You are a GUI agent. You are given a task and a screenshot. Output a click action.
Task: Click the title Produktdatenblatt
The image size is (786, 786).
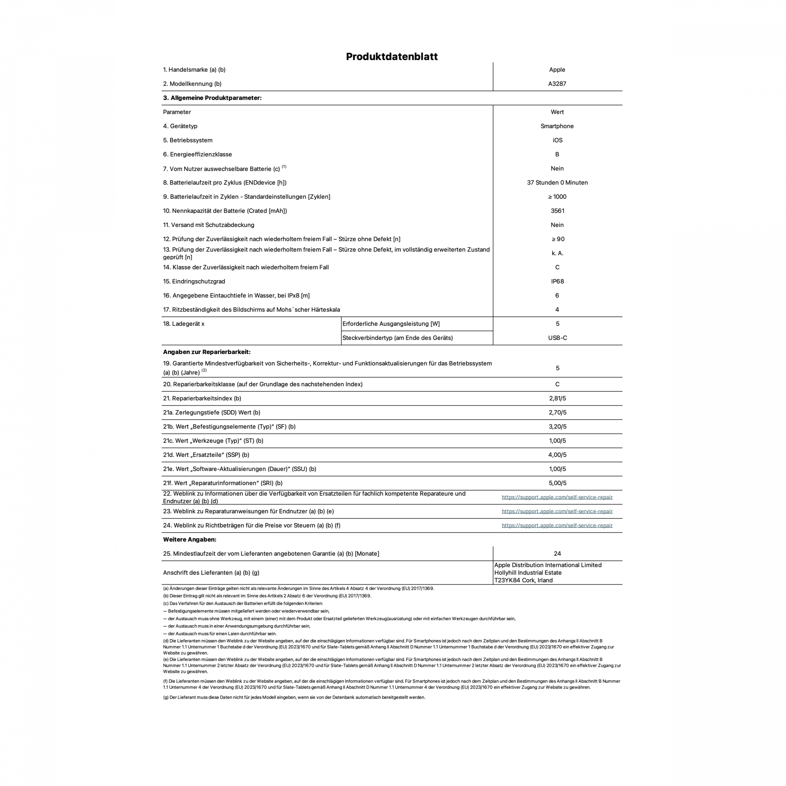392,56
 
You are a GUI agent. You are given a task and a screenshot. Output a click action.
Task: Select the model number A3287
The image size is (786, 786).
557,84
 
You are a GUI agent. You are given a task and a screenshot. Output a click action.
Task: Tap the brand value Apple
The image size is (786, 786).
557,70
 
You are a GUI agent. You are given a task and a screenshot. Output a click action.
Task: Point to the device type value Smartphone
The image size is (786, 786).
557,126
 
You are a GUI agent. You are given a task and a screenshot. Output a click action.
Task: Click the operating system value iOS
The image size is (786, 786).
557,140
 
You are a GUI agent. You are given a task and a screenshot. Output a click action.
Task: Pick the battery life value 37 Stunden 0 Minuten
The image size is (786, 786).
557,183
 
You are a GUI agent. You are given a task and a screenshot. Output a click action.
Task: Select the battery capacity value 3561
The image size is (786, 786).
557,211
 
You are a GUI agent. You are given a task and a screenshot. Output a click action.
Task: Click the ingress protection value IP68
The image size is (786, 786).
557,282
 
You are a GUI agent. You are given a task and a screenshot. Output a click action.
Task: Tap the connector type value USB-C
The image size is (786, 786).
557,338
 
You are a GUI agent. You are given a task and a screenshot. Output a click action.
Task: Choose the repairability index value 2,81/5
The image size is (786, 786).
557,398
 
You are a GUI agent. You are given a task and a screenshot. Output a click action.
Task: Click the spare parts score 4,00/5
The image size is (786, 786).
557,455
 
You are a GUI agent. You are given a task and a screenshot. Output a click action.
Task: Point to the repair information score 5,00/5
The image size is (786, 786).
557,483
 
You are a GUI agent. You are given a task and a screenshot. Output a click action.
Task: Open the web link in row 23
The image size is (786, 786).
557,512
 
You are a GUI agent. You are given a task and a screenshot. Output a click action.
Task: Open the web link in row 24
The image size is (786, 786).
557,526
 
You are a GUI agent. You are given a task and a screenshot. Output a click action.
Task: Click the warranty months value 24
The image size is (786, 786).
557,554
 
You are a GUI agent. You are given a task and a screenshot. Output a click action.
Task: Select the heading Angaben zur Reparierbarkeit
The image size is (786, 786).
207,352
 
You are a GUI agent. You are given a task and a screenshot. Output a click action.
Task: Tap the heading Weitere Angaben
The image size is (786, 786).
189,539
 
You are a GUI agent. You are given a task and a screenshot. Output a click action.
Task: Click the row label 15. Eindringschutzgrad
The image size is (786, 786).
194,282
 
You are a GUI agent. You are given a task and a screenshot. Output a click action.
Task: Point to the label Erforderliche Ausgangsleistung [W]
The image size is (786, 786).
391,324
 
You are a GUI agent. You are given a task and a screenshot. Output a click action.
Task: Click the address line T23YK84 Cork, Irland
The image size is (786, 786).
523,581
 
